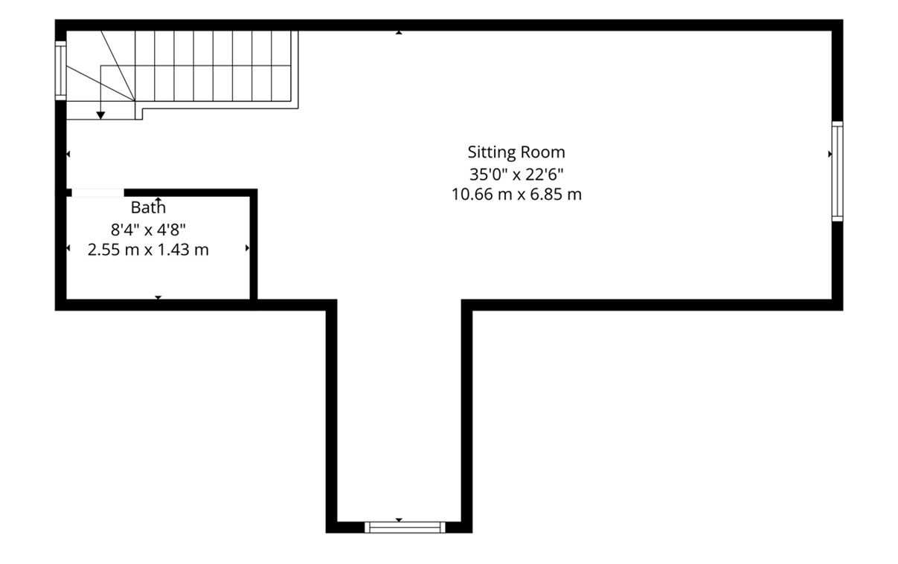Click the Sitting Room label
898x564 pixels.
pyautogui.click(x=516, y=152)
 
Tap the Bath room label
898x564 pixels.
pyautogui.click(x=148, y=207)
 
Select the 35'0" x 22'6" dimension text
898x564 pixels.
pyautogui.click(x=516, y=175)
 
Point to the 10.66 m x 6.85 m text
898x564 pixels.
pyautogui.click(x=516, y=195)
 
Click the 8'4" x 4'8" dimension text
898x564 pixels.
pyautogui.click(x=148, y=230)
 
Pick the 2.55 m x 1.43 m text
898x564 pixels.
pyautogui.click(x=148, y=250)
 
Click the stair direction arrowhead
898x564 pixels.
pyautogui.click(x=100, y=115)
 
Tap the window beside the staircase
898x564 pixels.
pyautogui.click(x=60, y=71)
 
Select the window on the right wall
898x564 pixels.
pyautogui.click(x=838, y=172)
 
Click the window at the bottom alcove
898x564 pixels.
pyautogui.click(x=405, y=527)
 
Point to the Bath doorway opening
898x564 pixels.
pyautogui.click(x=97, y=193)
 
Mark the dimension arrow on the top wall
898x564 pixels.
pyautogui.click(x=399, y=33)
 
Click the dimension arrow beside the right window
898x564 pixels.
pyautogui.click(x=830, y=154)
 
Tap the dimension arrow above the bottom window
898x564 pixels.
pyautogui.click(x=399, y=519)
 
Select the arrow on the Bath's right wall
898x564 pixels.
pyautogui.click(x=247, y=248)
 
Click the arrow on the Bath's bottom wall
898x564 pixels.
pyautogui.click(x=158, y=297)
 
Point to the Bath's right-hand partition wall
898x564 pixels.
pyautogui.click(x=254, y=244)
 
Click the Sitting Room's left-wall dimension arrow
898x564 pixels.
pyautogui.click(x=68, y=154)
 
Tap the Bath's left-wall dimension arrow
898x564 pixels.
pyautogui.click(x=68, y=248)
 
